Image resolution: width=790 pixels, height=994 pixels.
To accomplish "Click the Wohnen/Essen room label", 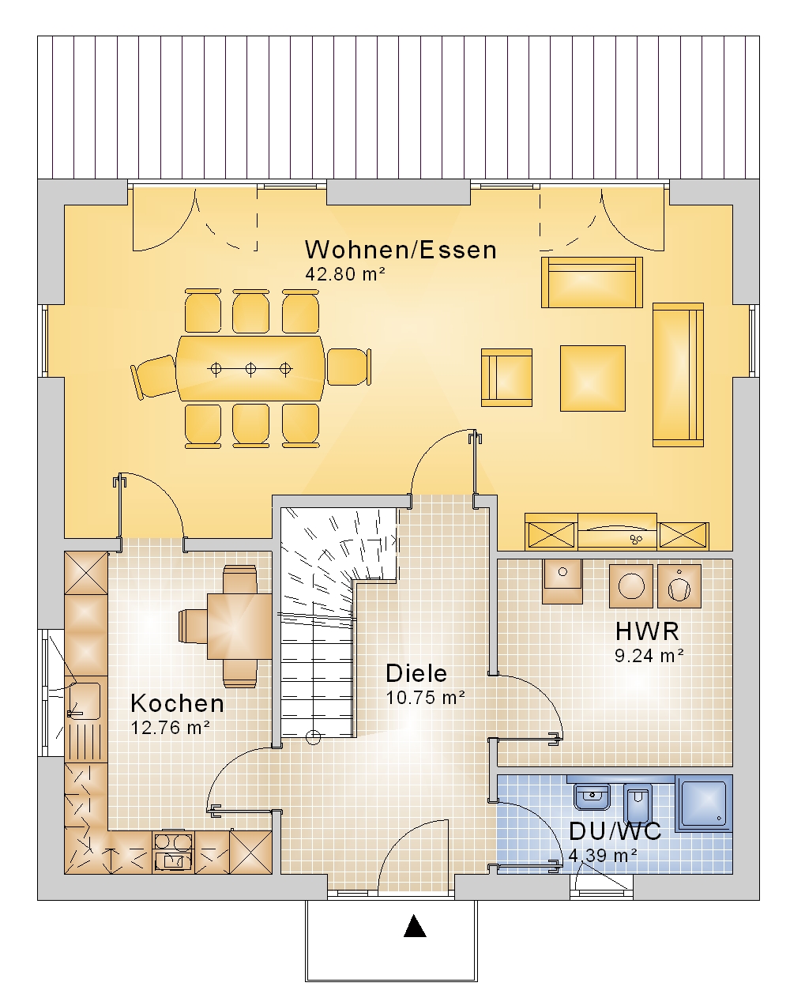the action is (x=401, y=250).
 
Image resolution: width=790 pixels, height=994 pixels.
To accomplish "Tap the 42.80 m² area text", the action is (x=345, y=274).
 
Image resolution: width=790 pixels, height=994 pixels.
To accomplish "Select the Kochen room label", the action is (x=178, y=703).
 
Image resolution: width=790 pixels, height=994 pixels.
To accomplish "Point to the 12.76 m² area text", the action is (x=171, y=728).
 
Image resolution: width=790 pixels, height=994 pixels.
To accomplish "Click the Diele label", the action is (x=416, y=673).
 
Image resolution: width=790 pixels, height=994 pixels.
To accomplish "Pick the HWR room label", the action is (x=647, y=631).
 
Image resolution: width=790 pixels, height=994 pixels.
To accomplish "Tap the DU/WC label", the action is (x=615, y=831).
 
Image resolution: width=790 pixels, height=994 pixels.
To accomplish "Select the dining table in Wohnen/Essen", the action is (x=250, y=368).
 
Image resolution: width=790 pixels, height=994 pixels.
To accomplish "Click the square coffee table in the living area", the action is (x=592, y=378).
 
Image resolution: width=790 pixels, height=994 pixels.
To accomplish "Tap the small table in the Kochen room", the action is (x=239, y=627).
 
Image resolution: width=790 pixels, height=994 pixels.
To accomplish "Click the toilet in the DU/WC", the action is (x=638, y=803).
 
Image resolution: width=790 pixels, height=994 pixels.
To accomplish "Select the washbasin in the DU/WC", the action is (x=592, y=796).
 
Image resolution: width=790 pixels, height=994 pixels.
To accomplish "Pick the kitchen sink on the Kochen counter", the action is (x=86, y=701).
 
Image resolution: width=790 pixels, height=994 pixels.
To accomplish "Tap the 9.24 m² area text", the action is (x=649, y=656).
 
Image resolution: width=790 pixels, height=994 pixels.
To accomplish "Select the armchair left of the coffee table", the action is (x=506, y=378).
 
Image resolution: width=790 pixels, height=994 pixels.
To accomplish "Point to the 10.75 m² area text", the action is (x=425, y=698).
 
